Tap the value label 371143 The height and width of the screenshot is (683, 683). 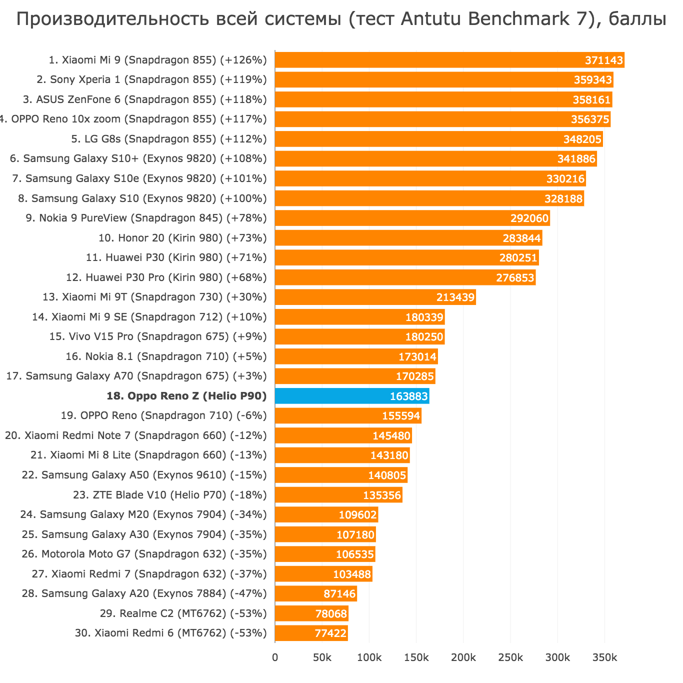604,60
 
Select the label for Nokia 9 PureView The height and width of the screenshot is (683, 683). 146,218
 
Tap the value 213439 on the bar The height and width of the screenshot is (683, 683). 455,297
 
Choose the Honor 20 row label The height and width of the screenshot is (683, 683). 182,238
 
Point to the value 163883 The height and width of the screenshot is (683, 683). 409,396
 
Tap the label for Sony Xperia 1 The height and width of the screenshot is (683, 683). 151,79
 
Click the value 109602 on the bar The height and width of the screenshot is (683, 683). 357,514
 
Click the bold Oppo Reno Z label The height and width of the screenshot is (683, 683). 186,396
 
